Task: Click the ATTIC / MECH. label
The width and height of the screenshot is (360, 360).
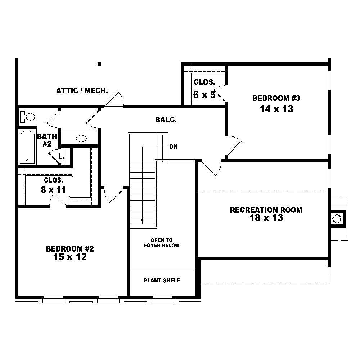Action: (x=82, y=91)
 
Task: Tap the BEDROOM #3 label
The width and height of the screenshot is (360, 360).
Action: (x=276, y=98)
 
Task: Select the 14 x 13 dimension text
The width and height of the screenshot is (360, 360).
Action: (x=276, y=109)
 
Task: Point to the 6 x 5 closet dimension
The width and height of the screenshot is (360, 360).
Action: (x=204, y=95)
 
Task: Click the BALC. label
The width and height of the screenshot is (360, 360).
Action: (x=166, y=120)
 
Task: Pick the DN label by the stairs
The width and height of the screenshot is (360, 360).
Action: (x=173, y=147)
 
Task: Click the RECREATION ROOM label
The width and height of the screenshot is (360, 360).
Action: (x=266, y=210)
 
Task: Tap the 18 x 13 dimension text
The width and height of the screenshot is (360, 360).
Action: (x=266, y=218)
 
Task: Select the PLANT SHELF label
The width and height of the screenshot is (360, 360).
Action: (x=162, y=280)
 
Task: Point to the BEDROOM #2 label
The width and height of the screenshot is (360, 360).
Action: (x=70, y=249)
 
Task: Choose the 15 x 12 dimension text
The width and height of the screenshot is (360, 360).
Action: (x=70, y=257)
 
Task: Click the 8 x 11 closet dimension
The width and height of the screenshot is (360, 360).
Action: (x=53, y=190)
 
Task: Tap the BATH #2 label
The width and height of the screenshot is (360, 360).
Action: (x=47, y=140)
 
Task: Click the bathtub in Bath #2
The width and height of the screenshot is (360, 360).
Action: (x=27, y=147)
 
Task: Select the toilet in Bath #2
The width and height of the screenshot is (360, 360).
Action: (x=29, y=117)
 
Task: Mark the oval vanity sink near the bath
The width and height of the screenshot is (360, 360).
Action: (x=81, y=138)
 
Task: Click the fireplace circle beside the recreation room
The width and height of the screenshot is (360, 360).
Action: (x=337, y=219)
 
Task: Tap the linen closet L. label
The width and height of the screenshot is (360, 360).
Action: (x=62, y=157)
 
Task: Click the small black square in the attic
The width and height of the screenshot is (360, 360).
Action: (x=99, y=64)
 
